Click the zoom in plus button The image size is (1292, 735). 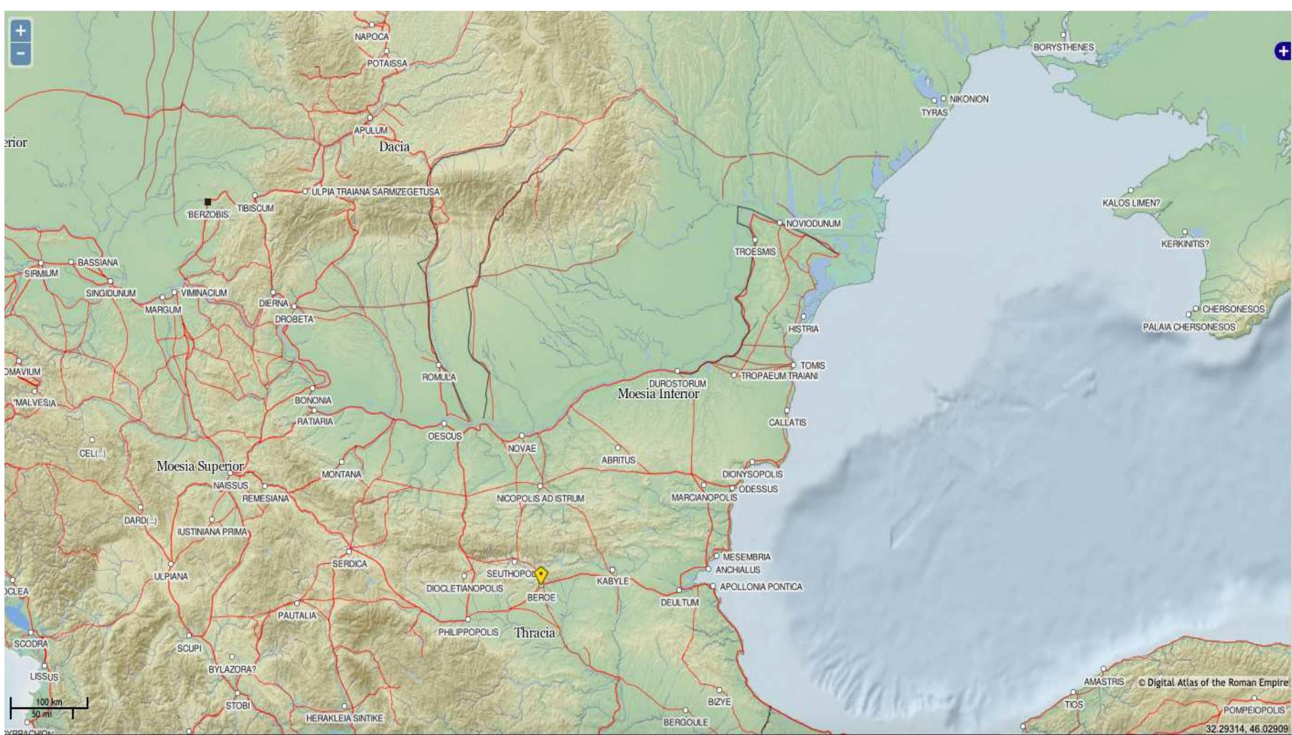20,30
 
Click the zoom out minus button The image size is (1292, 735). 20,54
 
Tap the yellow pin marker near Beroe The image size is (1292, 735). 540,575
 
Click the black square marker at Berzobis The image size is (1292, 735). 208,202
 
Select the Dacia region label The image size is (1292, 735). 394,146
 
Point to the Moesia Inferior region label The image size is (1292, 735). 657,394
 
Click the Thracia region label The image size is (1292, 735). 534,632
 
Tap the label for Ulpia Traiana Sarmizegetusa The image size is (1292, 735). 375,192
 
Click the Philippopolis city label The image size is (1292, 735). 468,632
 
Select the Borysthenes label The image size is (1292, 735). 1063,47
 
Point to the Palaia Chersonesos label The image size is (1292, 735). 1188,327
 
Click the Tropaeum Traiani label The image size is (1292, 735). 779,376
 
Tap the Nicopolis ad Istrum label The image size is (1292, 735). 540,498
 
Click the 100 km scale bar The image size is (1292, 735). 48,704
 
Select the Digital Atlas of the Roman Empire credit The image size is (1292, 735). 1212,682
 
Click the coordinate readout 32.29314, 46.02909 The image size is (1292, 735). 1246,728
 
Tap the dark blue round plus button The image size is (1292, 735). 1282,51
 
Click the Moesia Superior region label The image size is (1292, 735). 200,466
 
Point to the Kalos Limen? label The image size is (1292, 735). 1131,203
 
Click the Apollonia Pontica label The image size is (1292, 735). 760,587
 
